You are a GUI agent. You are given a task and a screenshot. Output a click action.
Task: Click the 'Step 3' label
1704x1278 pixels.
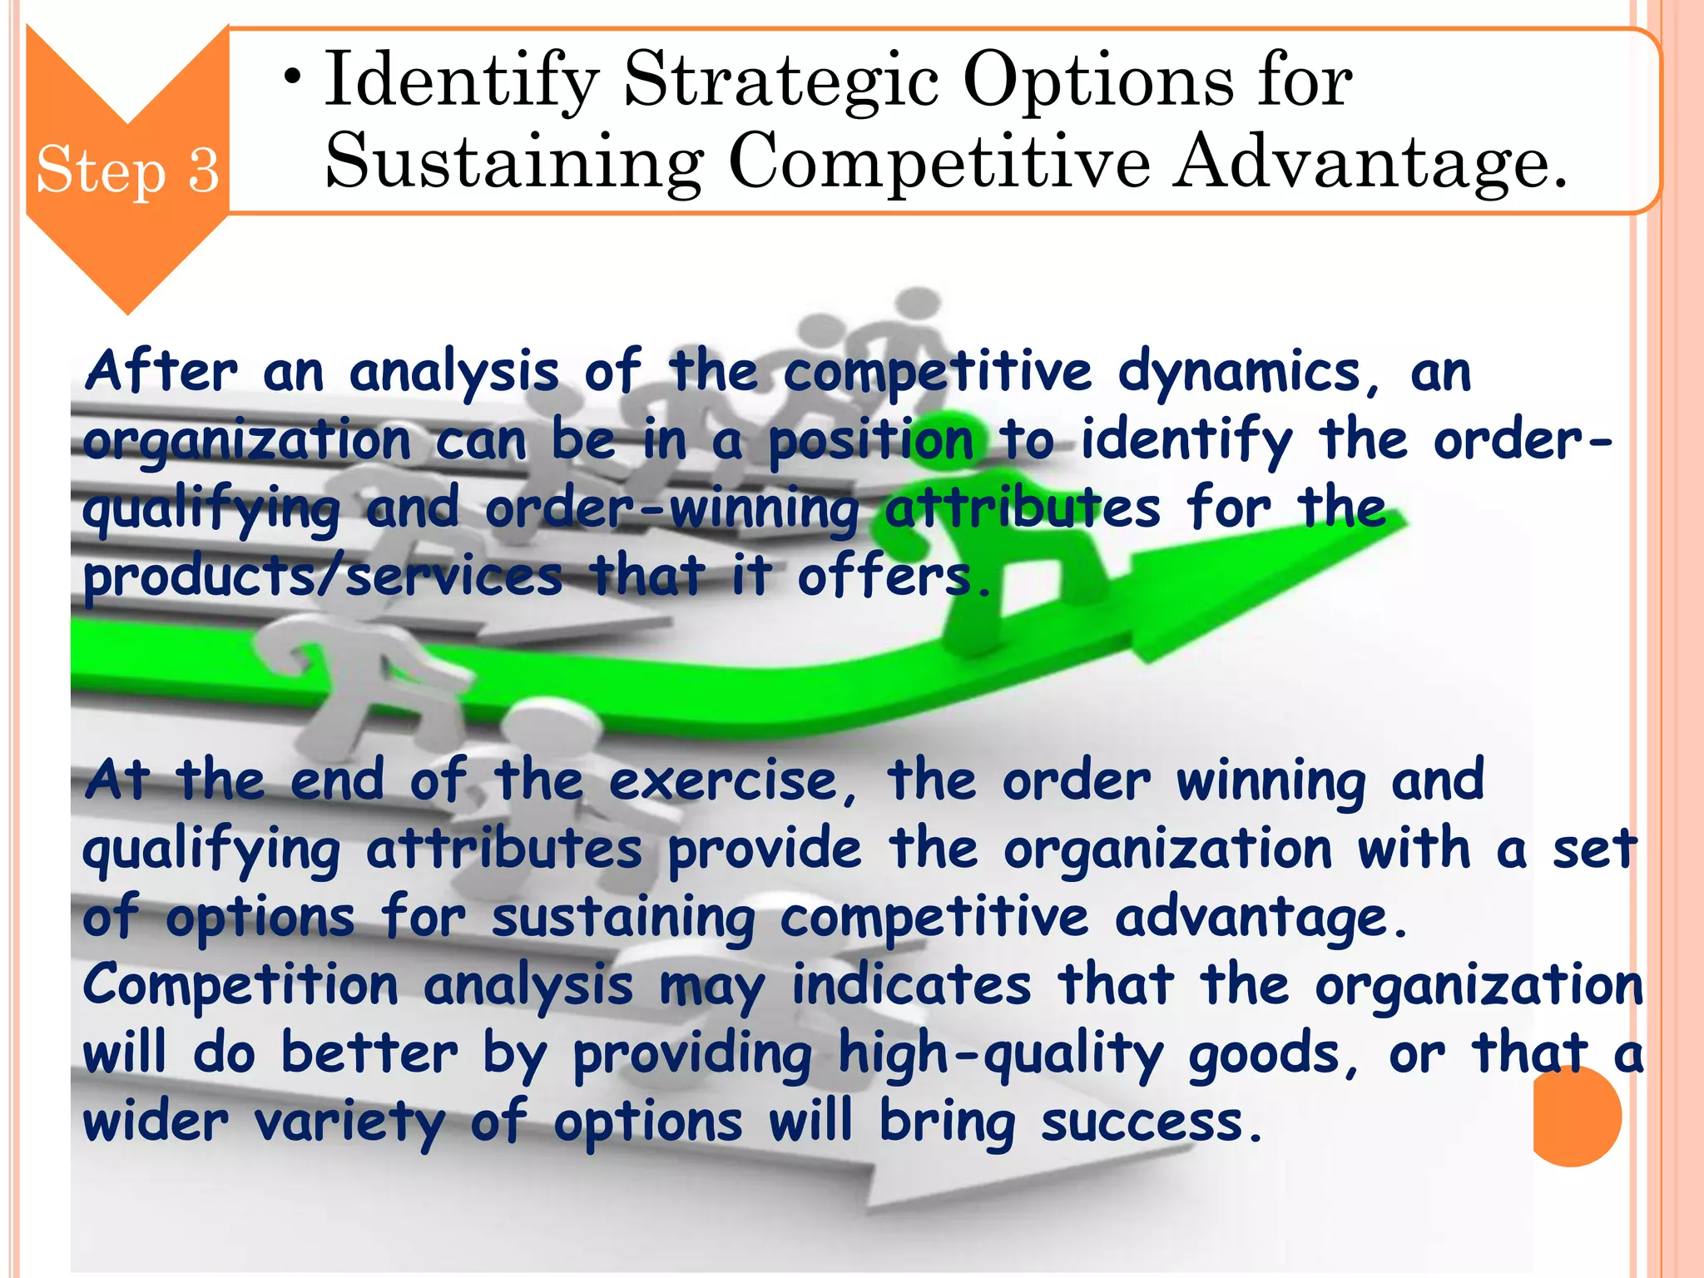coord(127,170)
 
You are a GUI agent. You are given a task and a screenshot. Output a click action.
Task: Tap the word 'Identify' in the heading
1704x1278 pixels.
coord(462,80)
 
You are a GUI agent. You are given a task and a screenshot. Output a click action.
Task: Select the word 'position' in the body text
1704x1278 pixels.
coord(870,440)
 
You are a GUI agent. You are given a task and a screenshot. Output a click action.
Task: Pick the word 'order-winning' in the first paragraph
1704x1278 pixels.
coord(672,508)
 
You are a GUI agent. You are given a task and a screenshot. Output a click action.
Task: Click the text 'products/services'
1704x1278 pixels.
coord(323,577)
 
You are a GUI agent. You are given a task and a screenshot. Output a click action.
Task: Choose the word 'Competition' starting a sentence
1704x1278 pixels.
coord(240,986)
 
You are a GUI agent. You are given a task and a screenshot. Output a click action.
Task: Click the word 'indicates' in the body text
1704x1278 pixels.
coord(912,986)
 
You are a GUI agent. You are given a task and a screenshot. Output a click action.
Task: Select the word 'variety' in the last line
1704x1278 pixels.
coord(349,1122)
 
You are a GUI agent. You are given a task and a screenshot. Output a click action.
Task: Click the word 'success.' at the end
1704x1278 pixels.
coord(1152,1122)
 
